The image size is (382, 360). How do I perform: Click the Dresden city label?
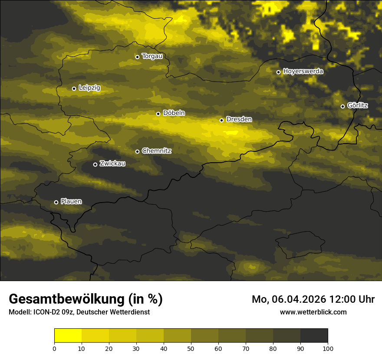[x=239, y=119]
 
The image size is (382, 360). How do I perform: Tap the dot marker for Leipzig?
[x=74, y=88]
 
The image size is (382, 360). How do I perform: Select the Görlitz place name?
[x=358, y=105]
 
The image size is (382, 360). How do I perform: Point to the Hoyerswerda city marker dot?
[x=278, y=72]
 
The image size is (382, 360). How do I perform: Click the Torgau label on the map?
[x=152, y=56]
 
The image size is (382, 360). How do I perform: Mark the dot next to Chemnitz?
[x=137, y=151]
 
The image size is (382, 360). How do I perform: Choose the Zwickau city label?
[x=112, y=164]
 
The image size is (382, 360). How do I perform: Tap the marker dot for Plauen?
[x=56, y=202]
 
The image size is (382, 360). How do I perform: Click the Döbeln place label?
[x=174, y=113]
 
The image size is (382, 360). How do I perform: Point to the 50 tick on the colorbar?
[x=191, y=348]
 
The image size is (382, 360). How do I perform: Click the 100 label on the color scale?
[x=328, y=348]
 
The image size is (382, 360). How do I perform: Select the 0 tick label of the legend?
[x=54, y=348]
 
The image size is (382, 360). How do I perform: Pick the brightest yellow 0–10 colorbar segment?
[x=68, y=336]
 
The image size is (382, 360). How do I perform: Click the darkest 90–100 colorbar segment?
[x=314, y=336]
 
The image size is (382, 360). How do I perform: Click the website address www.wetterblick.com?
[x=313, y=312]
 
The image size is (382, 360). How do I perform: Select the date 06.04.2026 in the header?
[x=299, y=299]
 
